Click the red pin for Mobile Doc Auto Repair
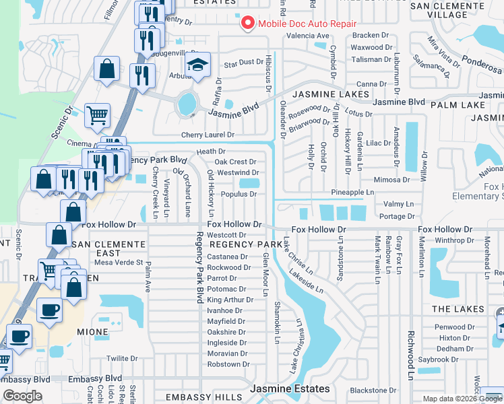pos(247,24)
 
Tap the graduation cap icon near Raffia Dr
pos(197,65)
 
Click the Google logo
pos(22,396)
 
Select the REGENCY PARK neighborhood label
pos(245,244)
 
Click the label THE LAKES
pos(458,309)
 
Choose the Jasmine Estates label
pos(290,389)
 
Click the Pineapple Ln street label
pos(352,193)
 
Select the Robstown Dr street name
pos(228,364)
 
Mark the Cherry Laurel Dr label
pos(207,135)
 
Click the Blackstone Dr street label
pos(373,391)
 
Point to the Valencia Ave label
pos(308,36)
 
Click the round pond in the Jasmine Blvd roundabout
pos(187,104)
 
